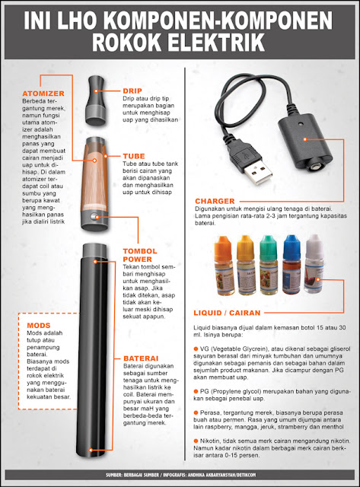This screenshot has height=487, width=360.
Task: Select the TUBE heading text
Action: [x=134, y=156]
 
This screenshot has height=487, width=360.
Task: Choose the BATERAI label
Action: [x=140, y=357]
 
